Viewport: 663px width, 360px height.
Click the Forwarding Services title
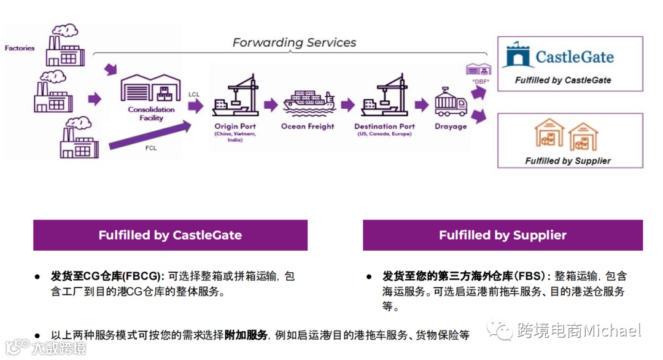tap(294, 42)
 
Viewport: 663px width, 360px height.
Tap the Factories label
tap(20, 48)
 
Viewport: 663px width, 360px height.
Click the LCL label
tap(194, 94)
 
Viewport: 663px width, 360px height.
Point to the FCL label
tap(150, 148)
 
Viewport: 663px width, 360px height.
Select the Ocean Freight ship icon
tap(308, 102)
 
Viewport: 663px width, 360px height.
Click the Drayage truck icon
tap(451, 102)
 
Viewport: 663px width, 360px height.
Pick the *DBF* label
tap(479, 80)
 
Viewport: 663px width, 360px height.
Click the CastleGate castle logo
tap(516, 56)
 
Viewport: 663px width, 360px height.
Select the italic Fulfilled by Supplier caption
tap(568, 161)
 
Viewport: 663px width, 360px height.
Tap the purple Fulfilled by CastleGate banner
tap(170, 235)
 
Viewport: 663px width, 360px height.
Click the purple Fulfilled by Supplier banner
tap(502, 235)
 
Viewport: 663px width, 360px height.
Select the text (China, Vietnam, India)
tap(235, 136)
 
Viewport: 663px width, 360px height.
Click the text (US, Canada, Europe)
tap(384, 134)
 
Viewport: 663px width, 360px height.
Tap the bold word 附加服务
tap(246, 335)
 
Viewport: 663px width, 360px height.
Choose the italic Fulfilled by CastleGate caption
tap(563, 80)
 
